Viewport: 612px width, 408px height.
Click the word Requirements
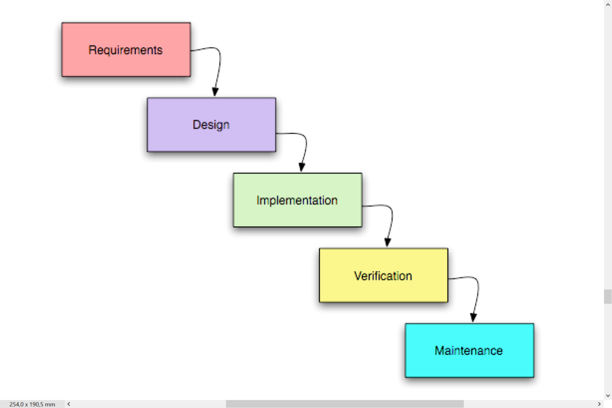point(125,50)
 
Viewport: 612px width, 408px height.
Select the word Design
point(211,125)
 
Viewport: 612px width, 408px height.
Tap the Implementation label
point(297,200)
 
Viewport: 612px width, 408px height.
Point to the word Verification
point(383,276)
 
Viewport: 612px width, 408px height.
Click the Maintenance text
point(468,351)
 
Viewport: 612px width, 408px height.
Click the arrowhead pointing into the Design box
point(215,91)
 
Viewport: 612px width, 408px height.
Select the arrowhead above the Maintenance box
point(473,317)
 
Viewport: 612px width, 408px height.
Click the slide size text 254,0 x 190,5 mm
point(32,404)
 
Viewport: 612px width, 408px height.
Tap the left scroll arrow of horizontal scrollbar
point(69,404)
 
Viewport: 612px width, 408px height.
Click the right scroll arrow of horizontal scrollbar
point(599,404)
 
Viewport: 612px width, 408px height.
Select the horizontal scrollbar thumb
point(344,404)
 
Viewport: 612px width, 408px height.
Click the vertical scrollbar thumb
point(608,296)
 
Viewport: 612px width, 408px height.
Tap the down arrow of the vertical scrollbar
point(608,395)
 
